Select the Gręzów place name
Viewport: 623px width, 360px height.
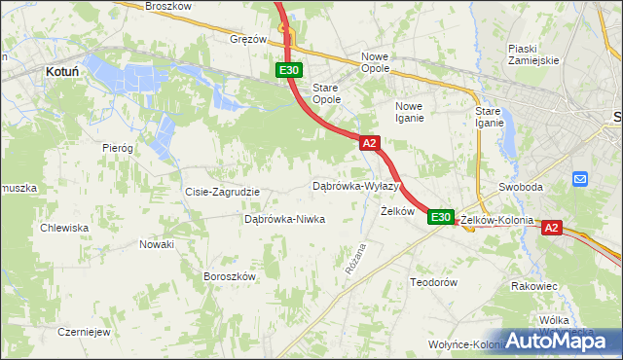pyautogui.click(x=248, y=40)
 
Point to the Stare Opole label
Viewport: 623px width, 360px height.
pyautogui.click(x=325, y=93)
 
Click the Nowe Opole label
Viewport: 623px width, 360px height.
pyautogui.click(x=375, y=62)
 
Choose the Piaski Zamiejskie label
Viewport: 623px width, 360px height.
pyautogui.click(x=532, y=54)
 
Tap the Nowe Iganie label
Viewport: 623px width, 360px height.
pyautogui.click(x=410, y=112)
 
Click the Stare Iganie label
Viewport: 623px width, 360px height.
pyautogui.click(x=489, y=117)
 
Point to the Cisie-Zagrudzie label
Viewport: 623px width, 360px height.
pyautogui.click(x=222, y=192)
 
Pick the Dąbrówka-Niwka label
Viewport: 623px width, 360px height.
pyautogui.click(x=284, y=219)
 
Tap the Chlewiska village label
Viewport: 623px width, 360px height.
pyautogui.click(x=64, y=228)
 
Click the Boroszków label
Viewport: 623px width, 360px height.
pyautogui.click(x=229, y=276)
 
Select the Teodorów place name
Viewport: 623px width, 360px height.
pyautogui.click(x=433, y=281)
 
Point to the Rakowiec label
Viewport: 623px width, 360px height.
pyautogui.click(x=533, y=286)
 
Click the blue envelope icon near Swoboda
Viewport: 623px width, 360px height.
pyautogui.click(x=581, y=179)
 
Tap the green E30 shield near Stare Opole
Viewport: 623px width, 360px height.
pyautogui.click(x=288, y=71)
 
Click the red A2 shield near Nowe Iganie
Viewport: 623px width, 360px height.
pyautogui.click(x=369, y=143)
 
